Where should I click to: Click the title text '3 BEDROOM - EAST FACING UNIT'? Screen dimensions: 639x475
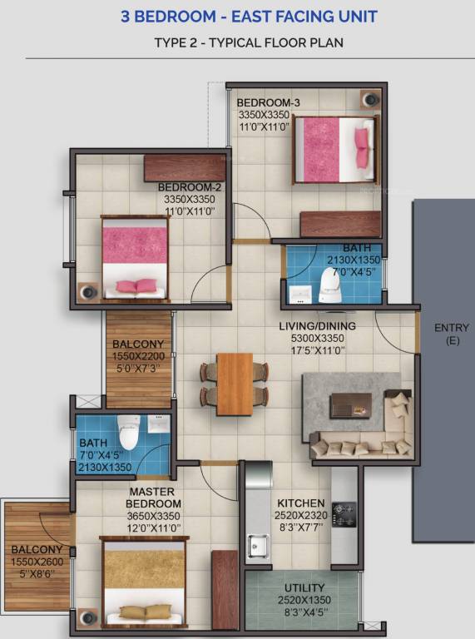click(237, 17)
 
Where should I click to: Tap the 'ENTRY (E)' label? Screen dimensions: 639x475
click(452, 334)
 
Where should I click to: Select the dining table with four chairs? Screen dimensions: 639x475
click(234, 379)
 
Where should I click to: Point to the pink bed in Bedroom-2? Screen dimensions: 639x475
click(135, 258)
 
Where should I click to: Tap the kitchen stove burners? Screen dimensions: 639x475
click(344, 512)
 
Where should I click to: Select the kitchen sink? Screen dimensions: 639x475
click(258, 545)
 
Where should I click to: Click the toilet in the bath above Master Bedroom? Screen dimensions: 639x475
click(128, 431)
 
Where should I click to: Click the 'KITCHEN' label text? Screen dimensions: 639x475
click(300, 504)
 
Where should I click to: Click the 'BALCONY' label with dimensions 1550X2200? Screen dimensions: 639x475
click(138, 344)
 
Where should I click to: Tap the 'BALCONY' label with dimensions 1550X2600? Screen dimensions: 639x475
click(36, 549)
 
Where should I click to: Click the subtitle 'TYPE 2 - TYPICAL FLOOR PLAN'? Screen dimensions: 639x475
click(237, 42)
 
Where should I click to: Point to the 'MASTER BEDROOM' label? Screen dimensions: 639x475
click(153, 498)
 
